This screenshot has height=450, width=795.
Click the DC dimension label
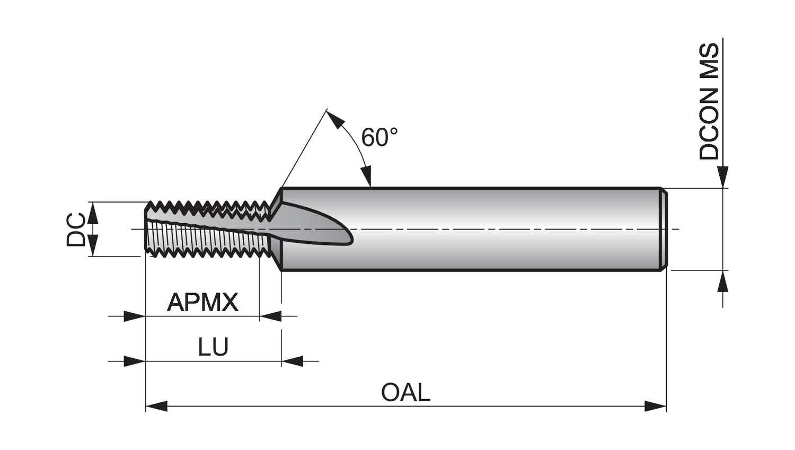point(76,230)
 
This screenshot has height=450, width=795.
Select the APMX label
point(202,302)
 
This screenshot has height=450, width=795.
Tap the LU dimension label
point(213,347)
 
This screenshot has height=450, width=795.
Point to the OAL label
point(405,393)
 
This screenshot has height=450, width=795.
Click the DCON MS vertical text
point(709,102)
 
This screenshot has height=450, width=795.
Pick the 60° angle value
point(379,137)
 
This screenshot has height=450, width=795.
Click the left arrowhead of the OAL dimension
point(156,407)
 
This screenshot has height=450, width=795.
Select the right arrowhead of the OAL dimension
point(656,407)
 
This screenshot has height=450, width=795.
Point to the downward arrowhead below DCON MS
point(722,177)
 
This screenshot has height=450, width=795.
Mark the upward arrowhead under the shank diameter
point(722,281)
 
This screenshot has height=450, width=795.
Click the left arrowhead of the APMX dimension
point(135,316)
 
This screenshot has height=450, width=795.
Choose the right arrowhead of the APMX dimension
point(270,316)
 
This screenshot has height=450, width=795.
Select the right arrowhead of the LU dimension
point(292,361)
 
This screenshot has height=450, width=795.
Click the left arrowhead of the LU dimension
point(135,361)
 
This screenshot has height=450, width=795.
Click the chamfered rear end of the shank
point(663,229)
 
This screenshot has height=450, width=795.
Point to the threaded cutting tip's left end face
point(147,230)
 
